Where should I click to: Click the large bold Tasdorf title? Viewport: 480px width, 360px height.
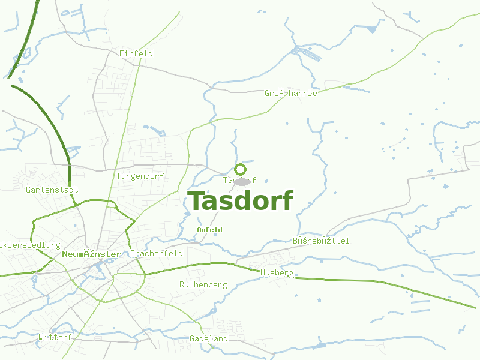point(241,202)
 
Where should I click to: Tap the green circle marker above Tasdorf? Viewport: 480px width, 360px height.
point(240,169)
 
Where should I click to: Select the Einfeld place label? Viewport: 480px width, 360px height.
point(136,53)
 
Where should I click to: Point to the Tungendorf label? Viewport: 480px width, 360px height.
point(140,176)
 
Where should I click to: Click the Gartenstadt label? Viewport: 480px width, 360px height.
point(52,190)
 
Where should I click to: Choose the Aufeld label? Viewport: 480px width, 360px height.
point(209,230)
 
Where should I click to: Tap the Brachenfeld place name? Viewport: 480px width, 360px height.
point(157,254)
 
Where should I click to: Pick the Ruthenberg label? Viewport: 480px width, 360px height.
point(203,284)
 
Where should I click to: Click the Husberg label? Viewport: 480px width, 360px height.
point(277,272)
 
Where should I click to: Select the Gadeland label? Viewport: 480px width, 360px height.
point(209,338)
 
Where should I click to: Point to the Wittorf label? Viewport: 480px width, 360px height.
point(55,337)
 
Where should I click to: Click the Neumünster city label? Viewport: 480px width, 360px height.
point(91,254)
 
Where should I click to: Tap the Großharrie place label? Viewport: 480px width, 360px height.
point(291,93)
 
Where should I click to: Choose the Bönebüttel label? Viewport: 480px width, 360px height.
point(321,241)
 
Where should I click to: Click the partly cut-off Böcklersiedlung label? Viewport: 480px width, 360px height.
point(30,245)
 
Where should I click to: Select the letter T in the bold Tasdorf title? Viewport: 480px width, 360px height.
point(196,202)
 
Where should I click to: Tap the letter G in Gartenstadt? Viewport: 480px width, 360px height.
point(28,190)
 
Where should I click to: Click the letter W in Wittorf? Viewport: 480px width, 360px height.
point(41,337)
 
